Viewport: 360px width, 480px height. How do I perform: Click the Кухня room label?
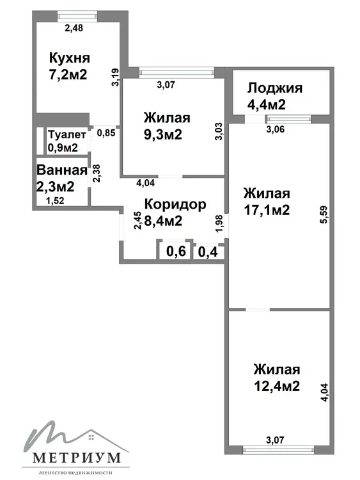point(70,58)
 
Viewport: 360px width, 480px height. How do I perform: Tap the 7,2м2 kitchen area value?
point(68,74)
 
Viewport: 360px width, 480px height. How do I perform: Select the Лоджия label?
point(275,88)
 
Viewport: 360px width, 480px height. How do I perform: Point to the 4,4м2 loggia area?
point(267,104)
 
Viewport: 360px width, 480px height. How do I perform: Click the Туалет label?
point(67,134)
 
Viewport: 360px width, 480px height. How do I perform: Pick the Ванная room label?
point(62,170)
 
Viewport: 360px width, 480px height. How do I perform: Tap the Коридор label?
point(175,204)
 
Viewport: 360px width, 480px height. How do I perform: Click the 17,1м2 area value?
point(267,210)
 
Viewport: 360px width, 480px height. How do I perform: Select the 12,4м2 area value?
point(277,386)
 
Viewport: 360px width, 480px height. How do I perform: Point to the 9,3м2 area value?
point(163,134)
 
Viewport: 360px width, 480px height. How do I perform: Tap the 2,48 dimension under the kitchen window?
point(74,28)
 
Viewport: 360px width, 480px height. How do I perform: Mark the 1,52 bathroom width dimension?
point(55,201)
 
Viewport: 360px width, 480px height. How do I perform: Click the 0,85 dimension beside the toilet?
point(106,133)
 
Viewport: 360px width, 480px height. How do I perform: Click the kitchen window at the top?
point(77,16)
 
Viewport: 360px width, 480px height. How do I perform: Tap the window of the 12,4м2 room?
point(278,450)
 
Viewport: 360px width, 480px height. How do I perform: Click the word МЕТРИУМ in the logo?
point(76,458)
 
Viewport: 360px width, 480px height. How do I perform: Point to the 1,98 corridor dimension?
point(219,223)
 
